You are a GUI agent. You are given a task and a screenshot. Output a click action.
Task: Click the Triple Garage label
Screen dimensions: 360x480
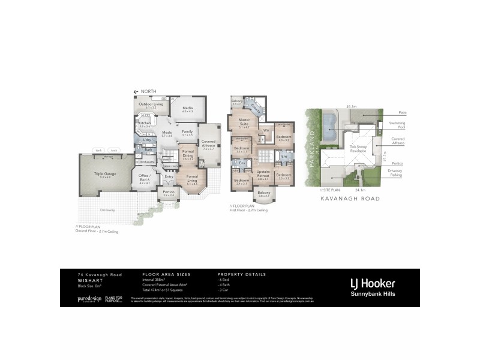click(104, 175)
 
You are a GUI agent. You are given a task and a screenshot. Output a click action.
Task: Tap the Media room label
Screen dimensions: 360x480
click(187, 109)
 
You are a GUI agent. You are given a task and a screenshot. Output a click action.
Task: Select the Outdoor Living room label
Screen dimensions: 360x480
click(151, 105)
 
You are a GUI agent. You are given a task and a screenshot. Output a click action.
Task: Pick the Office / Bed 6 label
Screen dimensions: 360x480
click(144, 179)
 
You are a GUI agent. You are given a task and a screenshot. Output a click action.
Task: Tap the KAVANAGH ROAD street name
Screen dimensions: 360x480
click(343, 197)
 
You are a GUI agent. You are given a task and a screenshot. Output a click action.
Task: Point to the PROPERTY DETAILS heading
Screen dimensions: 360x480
click(241, 274)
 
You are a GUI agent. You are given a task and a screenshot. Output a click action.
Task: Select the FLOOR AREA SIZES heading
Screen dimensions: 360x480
click(163, 274)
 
